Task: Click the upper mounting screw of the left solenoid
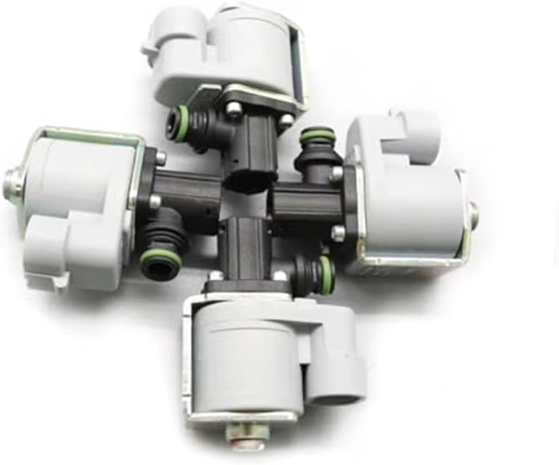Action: (161, 158)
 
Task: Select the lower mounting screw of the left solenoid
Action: (155, 202)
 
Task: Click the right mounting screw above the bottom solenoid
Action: (280, 276)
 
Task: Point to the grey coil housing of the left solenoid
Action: (77, 175)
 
